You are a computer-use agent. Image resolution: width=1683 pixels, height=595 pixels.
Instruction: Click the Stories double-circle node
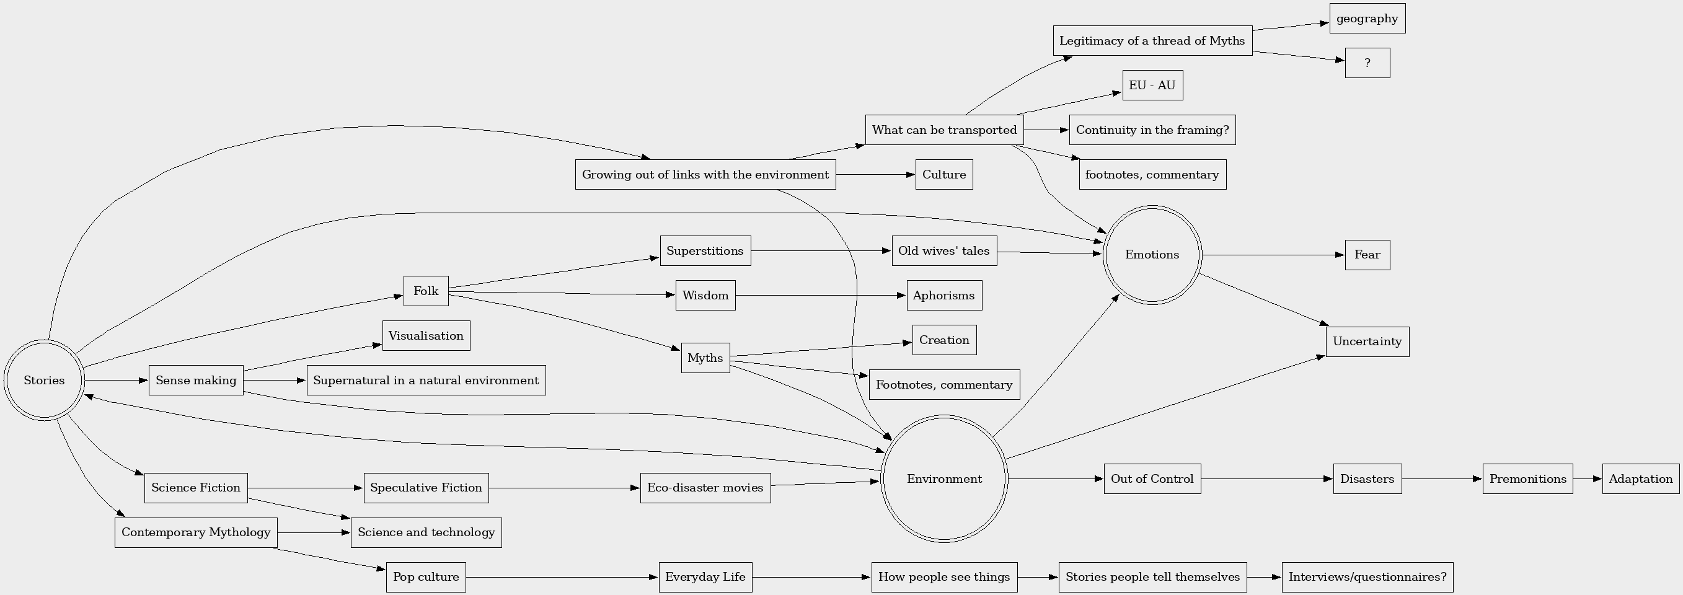44,380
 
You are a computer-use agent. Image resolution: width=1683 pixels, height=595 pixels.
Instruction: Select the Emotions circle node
1152,255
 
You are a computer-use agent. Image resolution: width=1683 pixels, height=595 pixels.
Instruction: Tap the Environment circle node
944,478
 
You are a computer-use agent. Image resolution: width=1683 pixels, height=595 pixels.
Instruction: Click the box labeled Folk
426,291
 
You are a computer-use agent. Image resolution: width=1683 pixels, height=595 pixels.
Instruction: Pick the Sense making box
196,380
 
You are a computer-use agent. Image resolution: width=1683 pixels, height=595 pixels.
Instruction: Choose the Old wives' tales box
944,251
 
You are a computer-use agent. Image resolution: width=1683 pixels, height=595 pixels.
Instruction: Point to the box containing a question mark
1367,63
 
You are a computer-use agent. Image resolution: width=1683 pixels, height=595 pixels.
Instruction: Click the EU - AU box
1152,85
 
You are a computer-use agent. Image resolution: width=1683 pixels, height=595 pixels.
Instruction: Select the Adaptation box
1640,478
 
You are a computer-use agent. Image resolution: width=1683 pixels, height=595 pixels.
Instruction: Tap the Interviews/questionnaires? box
1367,576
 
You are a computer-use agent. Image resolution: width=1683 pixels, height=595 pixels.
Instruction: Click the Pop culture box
426,576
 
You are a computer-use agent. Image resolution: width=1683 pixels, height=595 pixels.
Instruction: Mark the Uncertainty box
1367,342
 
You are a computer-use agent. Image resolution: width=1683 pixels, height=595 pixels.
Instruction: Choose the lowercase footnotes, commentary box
1152,174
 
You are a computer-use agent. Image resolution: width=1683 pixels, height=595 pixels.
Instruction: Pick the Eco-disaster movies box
705,488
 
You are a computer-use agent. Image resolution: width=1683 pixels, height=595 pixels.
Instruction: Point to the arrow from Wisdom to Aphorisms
821,295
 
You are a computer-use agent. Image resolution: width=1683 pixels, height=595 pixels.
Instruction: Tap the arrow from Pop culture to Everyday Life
562,576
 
